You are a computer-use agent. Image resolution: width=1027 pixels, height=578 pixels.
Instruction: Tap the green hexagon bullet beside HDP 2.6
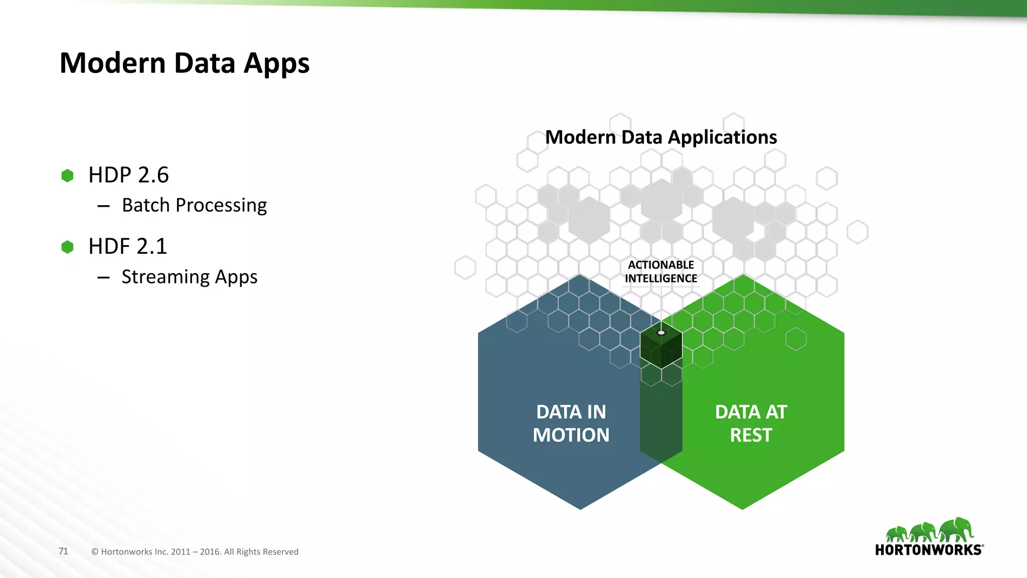pyautogui.click(x=67, y=176)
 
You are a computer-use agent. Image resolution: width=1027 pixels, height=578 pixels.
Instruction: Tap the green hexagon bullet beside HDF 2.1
pyautogui.click(x=67, y=247)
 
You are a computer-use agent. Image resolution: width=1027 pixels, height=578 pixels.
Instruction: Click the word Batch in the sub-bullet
pyautogui.click(x=146, y=205)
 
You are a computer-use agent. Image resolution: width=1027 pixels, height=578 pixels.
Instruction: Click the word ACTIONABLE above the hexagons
pyautogui.click(x=661, y=265)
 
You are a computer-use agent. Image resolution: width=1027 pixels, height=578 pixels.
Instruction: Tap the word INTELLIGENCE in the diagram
pyautogui.click(x=661, y=278)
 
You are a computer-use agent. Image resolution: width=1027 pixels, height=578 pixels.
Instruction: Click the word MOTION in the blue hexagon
pyautogui.click(x=571, y=435)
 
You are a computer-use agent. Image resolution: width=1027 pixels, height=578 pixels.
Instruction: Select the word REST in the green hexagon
pyautogui.click(x=751, y=435)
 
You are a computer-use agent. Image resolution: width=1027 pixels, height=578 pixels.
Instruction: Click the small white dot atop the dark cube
pyautogui.click(x=661, y=333)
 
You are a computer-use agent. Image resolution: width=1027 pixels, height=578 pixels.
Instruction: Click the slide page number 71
pyautogui.click(x=63, y=551)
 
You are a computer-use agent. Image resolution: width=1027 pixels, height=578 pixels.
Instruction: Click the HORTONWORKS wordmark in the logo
pyautogui.click(x=928, y=550)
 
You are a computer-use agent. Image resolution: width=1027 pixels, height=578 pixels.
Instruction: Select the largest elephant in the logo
pyautogui.click(x=956, y=530)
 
